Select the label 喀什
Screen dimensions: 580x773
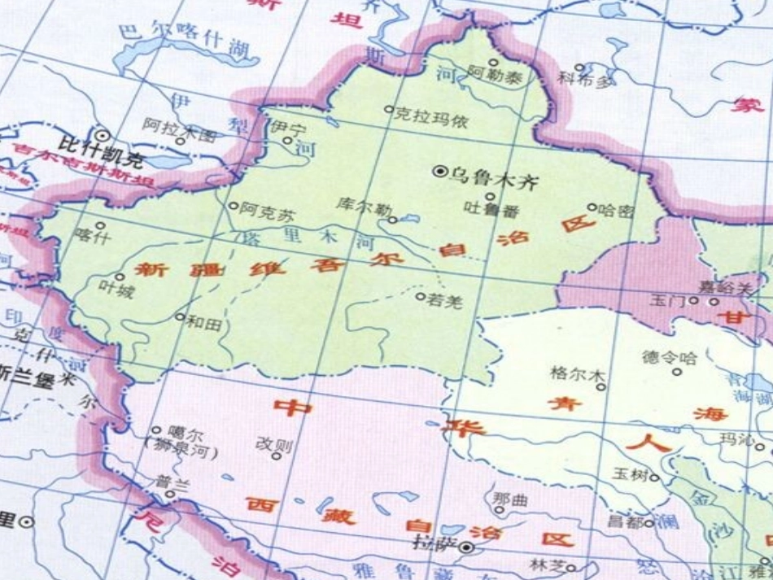tap(91, 238)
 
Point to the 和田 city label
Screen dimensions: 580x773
tap(203, 322)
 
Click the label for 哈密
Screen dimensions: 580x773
tap(616, 210)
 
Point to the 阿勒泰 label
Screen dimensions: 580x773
tap(496, 77)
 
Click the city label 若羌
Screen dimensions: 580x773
tap(444, 302)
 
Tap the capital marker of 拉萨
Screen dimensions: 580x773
tap(465, 547)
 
